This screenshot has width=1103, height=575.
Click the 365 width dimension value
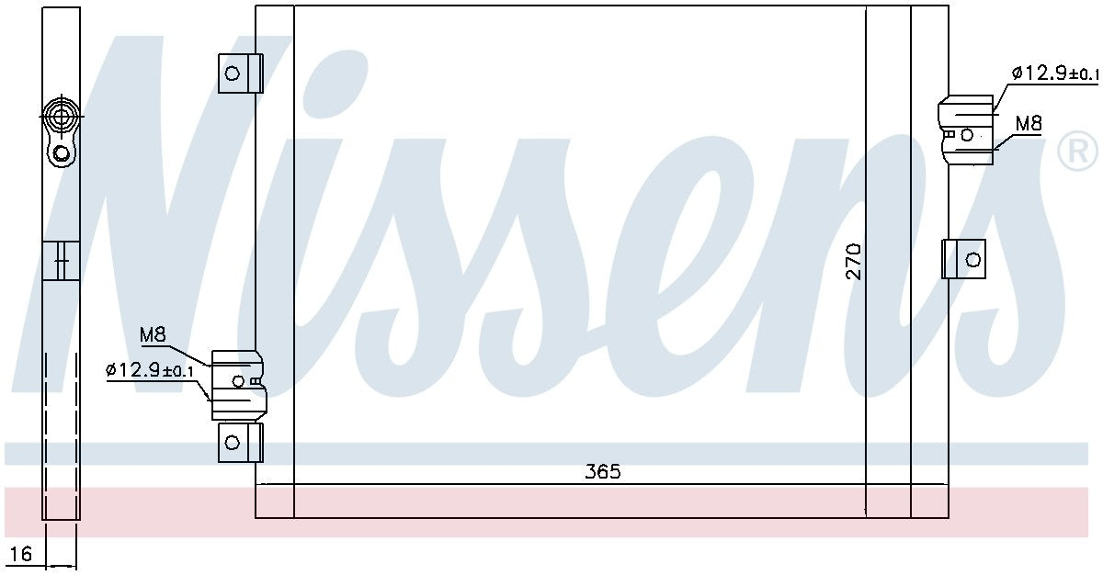[603, 472]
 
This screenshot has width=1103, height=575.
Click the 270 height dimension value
[853, 262]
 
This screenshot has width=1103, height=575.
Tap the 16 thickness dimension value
[21, 554]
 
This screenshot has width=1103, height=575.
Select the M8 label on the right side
[1029, 123]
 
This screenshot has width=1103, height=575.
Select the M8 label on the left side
[153, 335]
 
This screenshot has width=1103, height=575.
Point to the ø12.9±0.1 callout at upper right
[1054, 73]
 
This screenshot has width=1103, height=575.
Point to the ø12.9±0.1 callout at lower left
[150, 370]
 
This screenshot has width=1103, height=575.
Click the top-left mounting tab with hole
[240, 73]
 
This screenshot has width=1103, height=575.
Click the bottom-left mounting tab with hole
[240, 442]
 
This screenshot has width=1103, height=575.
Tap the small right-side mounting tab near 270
[963, 259]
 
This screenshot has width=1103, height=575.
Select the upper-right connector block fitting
[965, 130]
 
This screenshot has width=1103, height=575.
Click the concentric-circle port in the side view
[62, 117]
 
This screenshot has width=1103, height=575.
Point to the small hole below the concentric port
[62, 153]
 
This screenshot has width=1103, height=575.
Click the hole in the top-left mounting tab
[233, 73]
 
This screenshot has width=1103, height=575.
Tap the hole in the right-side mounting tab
[972, 259]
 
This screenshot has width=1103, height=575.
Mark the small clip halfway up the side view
[61, 259]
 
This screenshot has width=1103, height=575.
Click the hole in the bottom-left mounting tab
[233, 443]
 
